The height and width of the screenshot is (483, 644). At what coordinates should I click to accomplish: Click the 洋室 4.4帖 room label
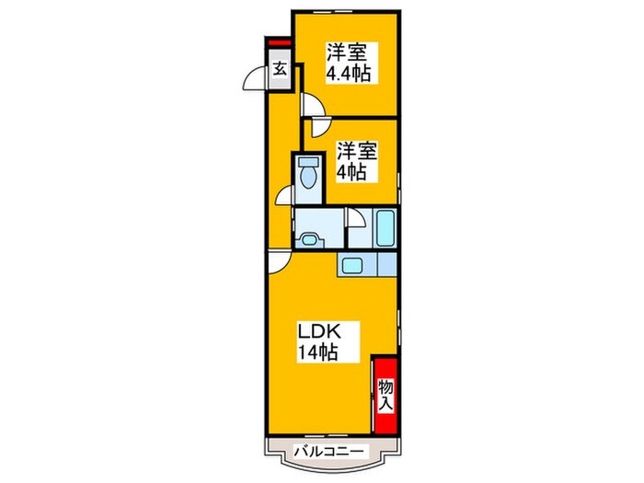[348, 63]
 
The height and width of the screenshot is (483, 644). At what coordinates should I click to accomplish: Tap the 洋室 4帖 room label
[356, 162]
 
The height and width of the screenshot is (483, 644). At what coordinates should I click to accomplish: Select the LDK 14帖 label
[318, 341]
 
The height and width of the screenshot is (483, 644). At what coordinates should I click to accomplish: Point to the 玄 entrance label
[280, 69]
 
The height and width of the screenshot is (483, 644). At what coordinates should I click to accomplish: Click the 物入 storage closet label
[386, 396]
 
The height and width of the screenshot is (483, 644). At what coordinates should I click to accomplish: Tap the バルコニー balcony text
[329, 452]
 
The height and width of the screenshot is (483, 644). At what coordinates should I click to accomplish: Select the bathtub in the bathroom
[386, 228]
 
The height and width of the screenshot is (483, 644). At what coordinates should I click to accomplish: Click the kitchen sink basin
[352, 264]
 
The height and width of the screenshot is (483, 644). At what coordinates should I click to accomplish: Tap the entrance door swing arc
[253, 79]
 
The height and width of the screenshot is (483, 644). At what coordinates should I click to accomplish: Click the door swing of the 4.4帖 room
[313, 104]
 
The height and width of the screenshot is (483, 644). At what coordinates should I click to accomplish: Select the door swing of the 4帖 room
[321, 127]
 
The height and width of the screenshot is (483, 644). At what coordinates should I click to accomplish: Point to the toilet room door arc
[283, 195]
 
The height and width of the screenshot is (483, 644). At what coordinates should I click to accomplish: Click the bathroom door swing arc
[356, 217]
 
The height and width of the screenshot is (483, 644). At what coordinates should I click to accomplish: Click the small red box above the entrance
[280, 42]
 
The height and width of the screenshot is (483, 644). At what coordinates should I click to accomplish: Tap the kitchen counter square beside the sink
[386, 264]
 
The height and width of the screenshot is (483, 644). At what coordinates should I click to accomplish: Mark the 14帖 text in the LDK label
[318, 352]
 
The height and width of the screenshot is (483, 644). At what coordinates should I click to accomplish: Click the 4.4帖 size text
[349, 74]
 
